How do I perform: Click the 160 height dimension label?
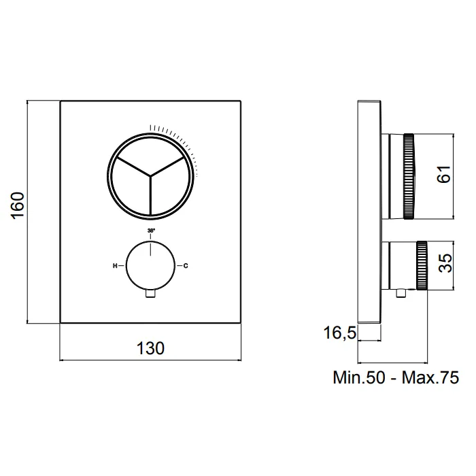(x=18, y=205)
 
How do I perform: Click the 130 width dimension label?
(x=150, y=348)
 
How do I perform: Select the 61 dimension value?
(x=444, y=174)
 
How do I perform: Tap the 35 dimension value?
(x=445, y=263)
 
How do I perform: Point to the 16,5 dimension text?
(x=340, y=333)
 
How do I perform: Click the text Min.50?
(x=359, y=378)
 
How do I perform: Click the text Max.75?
(x=430, y=378)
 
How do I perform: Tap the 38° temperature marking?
(x=151, y=231)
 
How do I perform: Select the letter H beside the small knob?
(x=115, y=266)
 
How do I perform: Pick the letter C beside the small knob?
(x=186, y=266)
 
